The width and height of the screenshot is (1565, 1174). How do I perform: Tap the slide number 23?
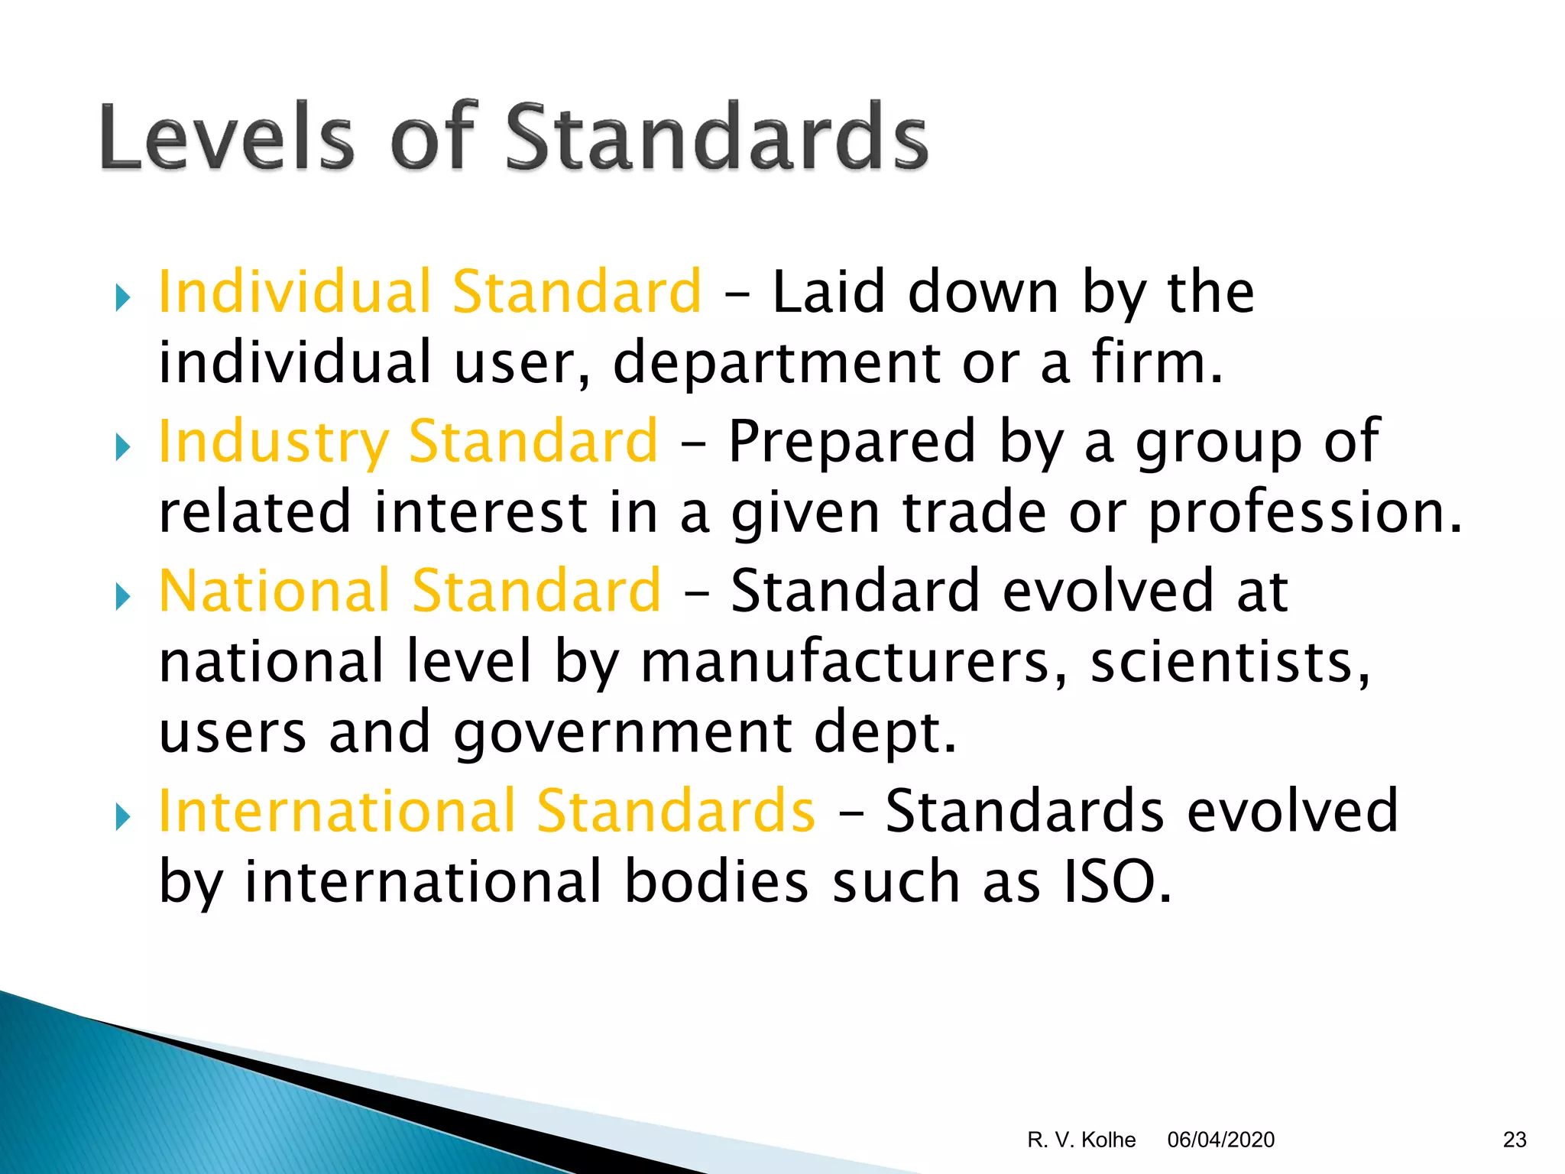coord(1515,1140)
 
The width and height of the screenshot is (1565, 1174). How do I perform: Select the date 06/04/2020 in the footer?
coord(1220,1140)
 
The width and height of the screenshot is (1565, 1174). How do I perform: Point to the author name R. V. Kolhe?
coord(1081,1140)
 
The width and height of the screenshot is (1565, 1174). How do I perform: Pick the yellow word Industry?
coord(273,441)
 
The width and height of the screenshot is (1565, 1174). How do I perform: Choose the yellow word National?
coord(274,590)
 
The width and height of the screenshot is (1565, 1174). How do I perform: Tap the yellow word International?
coord(336,810)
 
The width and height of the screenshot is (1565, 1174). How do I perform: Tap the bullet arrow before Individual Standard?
coord(122,297)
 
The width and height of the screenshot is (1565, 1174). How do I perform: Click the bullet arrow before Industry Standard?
coord(122,447)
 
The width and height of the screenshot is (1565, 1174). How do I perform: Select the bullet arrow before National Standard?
coord(122,596)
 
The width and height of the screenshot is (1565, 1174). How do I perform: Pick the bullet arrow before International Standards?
coord(122,816)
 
